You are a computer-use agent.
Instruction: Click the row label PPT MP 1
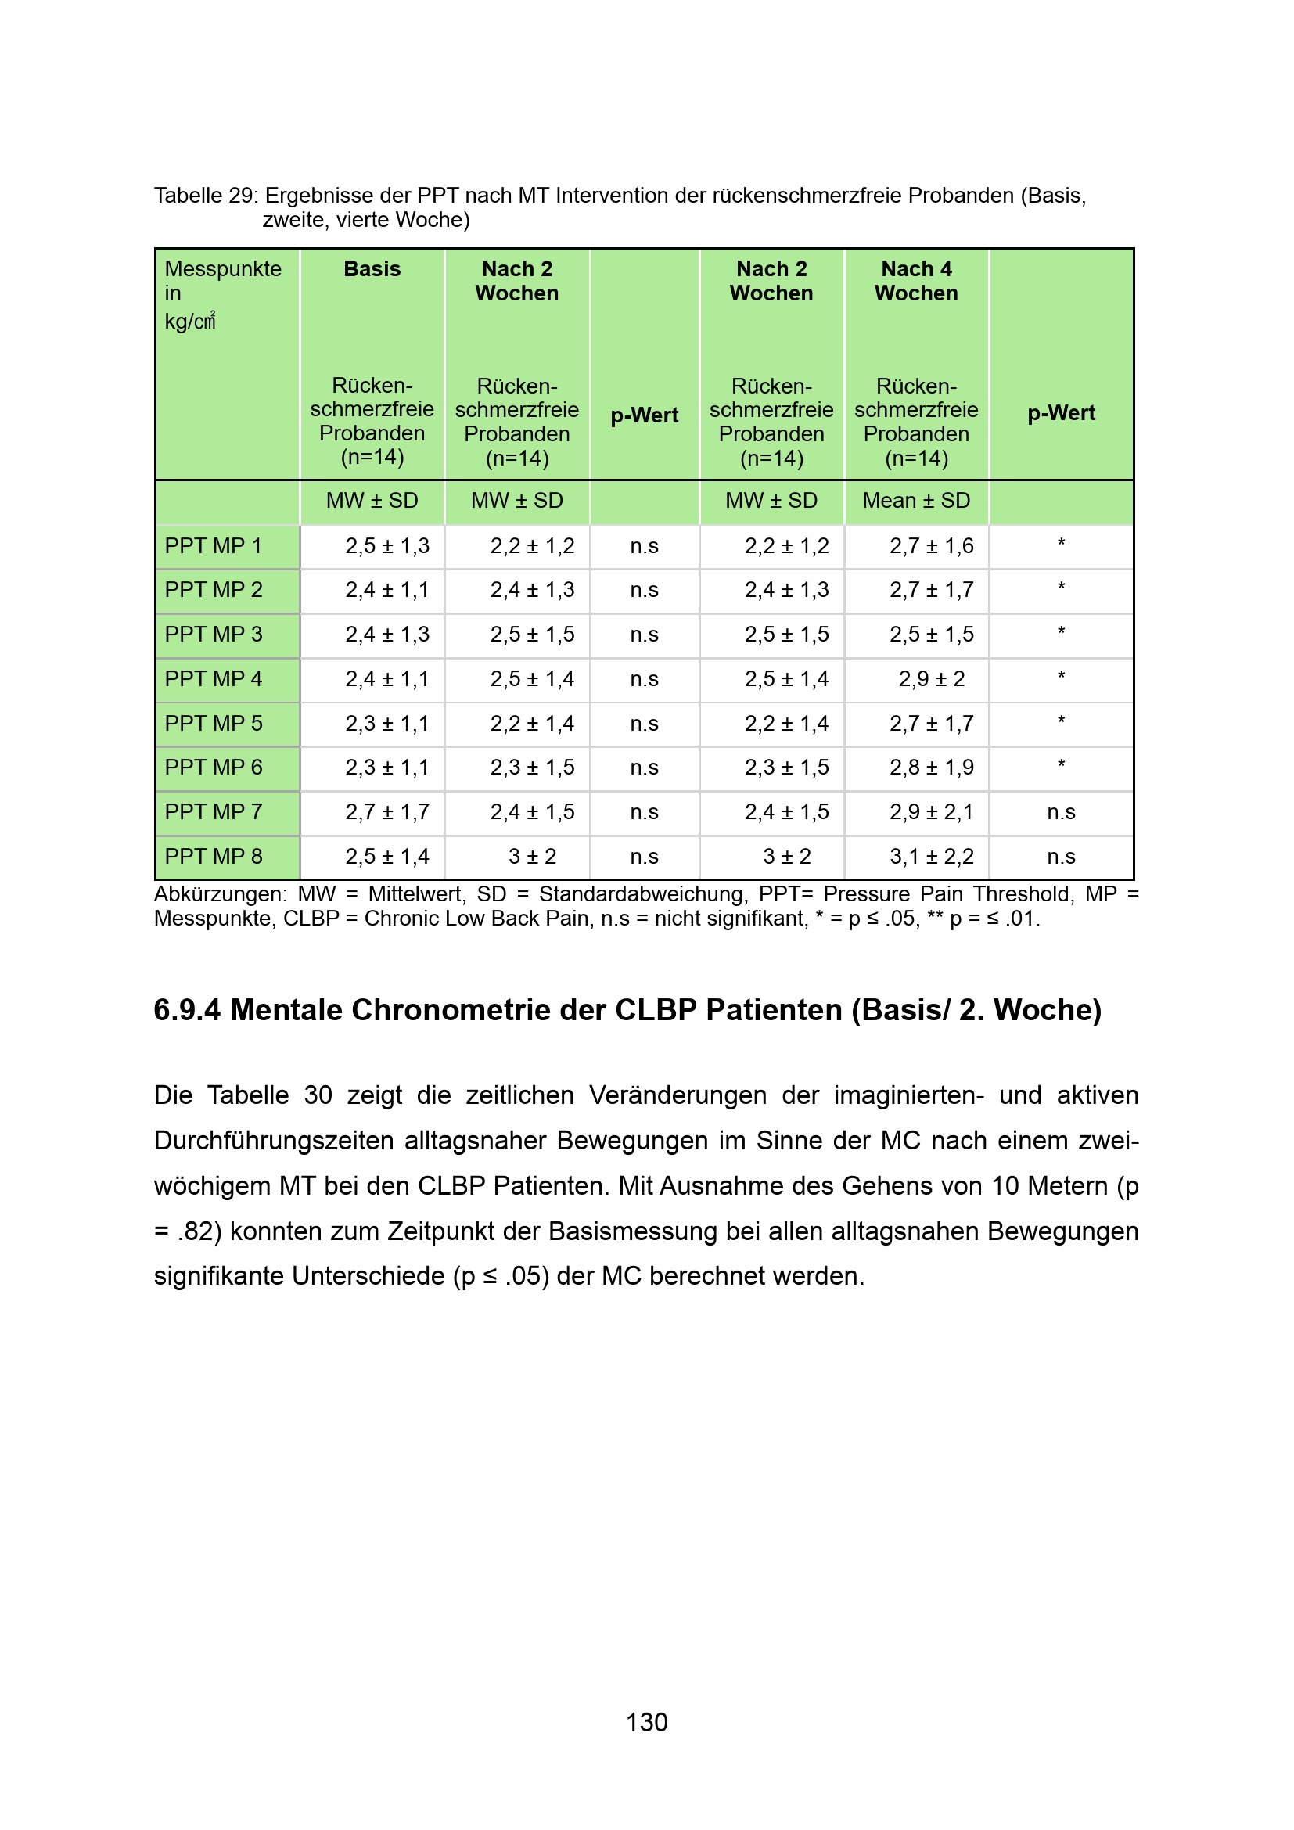click(213, 546)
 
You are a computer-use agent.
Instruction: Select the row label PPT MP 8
click(213, 856)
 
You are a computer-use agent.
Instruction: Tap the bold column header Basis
click(372, 269)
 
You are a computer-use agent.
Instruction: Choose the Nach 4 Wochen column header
click(916, 282)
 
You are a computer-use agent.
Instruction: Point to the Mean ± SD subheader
click(916, 501)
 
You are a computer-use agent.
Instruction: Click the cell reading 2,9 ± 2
click(932, 679)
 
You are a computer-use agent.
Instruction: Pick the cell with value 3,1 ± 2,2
click(932, 857)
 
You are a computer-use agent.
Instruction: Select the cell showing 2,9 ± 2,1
click(932, 812)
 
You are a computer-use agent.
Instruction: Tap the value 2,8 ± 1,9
click(932, 768)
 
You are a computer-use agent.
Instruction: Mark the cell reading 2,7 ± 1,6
click(932, 546)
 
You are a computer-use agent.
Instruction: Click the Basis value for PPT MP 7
click(387, 812)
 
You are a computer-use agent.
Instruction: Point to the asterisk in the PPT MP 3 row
click(1061, 633)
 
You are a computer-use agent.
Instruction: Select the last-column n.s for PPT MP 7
click(1061, 812)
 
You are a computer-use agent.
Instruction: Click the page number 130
click(646, 1722)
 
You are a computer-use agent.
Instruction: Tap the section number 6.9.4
click(186, 1011)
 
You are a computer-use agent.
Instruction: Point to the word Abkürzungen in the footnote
click(220, 894)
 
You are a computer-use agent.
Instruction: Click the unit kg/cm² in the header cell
click(189, 322)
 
